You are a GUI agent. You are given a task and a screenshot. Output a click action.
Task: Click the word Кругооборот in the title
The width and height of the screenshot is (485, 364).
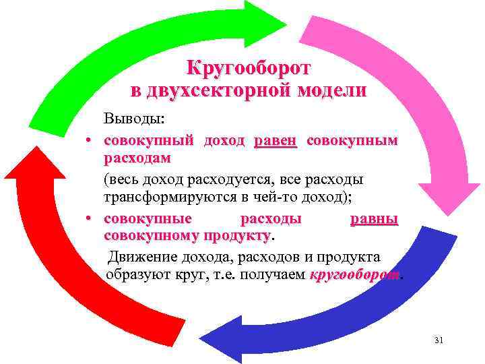(x=249, y=69)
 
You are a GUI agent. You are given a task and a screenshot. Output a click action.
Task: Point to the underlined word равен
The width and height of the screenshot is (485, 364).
(x=276, y=141)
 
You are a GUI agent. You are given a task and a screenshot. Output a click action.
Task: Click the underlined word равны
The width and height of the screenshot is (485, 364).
(x=374, y=219)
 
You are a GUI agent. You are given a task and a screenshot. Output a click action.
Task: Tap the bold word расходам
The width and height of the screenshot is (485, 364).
(x=137, y=158)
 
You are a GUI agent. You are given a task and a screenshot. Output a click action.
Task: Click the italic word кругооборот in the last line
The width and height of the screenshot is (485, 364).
(x=354, y=275)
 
